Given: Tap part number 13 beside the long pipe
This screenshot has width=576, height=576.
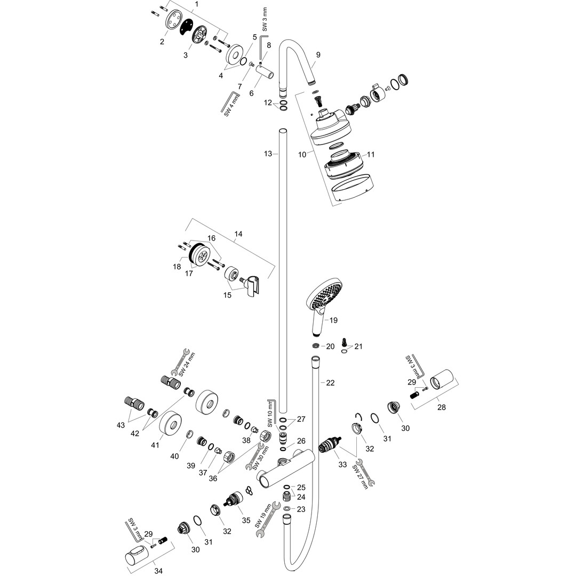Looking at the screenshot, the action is point(268,154).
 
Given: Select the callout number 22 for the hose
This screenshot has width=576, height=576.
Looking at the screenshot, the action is point(330,383).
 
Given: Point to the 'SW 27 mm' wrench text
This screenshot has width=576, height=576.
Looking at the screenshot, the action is point(360,477).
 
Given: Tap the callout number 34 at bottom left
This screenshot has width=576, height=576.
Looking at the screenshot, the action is point(158,571).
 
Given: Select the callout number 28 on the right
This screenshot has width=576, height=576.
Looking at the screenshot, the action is point(442,407).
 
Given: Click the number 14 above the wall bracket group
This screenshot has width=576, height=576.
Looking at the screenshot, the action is point(238,234).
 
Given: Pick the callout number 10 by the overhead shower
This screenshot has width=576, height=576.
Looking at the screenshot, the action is point(302,155).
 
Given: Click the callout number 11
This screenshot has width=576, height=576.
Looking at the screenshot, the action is point(371,154).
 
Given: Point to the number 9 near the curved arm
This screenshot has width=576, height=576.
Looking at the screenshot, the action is point(318,55).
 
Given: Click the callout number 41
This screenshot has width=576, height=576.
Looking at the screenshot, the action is point(155,445).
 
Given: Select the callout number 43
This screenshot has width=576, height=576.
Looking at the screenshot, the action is point(121,425).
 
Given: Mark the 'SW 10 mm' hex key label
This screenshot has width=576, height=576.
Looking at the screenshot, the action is point(271,414).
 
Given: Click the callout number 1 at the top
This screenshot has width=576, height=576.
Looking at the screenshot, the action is point(197,4).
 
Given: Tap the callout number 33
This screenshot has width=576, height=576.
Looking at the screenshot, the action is point(342,465).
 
